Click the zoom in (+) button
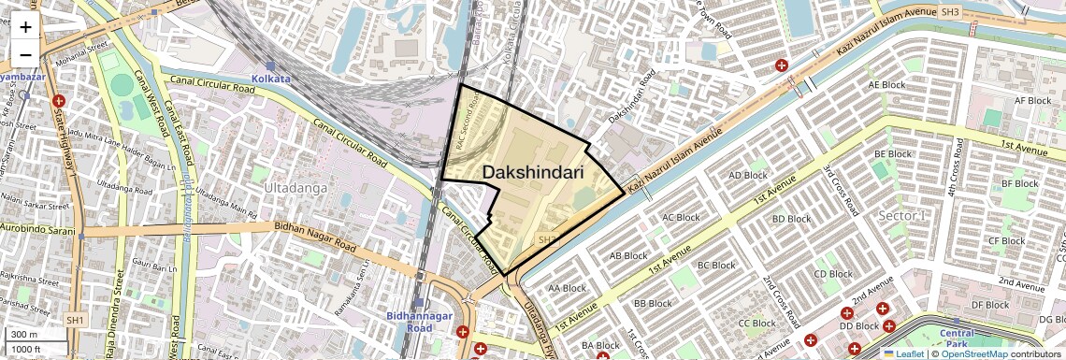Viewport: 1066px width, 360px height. (25, 27)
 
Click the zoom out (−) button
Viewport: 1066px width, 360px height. (25, 53)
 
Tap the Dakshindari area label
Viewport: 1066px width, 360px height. (533, 173)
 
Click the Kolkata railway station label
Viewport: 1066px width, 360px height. (271, 79)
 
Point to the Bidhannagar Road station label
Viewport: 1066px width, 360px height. (420, 323)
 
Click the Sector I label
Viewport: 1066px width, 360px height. (902, 216)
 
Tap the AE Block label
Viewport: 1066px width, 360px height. (887, 84)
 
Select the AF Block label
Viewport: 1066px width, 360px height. (1033, 100)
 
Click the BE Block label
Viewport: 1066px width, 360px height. (892, 153)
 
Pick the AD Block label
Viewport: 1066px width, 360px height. (747, 175)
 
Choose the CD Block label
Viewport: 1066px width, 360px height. (833, 274)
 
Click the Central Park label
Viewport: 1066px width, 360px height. (957, 338)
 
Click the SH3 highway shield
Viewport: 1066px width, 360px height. (950, 12)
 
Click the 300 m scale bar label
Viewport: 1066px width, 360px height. (25, 335)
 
